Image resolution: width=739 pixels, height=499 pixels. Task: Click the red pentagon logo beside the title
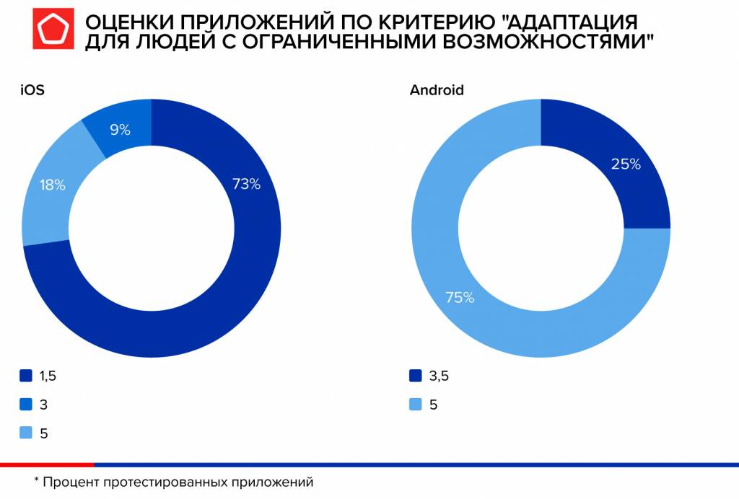click(x=53, y=31)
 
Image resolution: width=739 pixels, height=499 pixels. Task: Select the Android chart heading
click(x=436, y=90)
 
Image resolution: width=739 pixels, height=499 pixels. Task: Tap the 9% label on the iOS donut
click(x=120, y=130)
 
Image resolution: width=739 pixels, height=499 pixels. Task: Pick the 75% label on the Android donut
click(x=460, y=297)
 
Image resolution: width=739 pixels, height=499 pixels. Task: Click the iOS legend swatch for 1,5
click(x=27, y=376)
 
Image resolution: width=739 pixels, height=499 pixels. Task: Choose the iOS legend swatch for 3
click(x=27, y=405)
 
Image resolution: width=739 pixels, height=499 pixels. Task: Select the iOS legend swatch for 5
click(x=27, y=433)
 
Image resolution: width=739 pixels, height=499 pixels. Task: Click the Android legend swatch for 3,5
click(x=415, y=376)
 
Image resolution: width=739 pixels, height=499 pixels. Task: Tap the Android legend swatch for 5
click(x=415, y=405)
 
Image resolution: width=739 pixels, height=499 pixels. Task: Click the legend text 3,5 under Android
click(x=439, y=376)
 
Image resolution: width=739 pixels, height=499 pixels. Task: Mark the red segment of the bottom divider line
click(x=47, y=464)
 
